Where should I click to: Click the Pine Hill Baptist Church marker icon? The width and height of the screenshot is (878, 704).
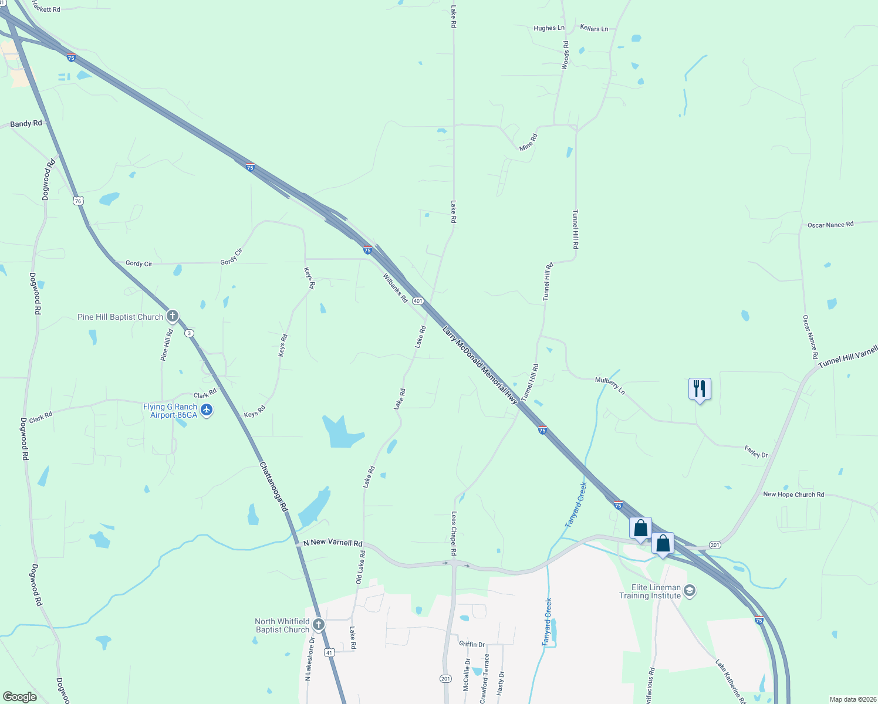pos(172,317)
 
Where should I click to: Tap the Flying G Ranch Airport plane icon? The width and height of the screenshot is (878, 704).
pos(206,410)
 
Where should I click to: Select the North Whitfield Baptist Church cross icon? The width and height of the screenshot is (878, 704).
pos(319,625)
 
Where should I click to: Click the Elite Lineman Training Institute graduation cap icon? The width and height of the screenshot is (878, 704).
pos(690,591)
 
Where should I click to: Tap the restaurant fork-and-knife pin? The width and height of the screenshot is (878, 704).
pos(700,389)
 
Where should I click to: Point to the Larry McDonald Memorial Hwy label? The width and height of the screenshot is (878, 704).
pos(480,365)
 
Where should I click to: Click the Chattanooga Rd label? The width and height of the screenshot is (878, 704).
pos(273,486)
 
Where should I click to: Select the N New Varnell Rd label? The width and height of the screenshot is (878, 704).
pos(333,543)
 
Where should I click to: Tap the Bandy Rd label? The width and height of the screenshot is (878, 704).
pos(26,124)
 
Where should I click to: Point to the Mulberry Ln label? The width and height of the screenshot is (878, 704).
pos(610,385)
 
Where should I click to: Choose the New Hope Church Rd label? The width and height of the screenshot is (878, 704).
pos(793,495)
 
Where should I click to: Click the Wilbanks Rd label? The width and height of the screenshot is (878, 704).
pos(395,287)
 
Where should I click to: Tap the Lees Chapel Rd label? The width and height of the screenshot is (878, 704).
pos(454,533)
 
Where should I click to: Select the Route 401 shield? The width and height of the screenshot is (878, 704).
pos(417,301)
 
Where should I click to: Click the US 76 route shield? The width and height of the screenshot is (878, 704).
pos(78,201)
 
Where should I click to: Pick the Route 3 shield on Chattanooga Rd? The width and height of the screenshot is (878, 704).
pos(189,333)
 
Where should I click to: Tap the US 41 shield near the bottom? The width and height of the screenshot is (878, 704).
pos(329,652)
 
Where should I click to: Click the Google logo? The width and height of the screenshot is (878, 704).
pos(20,697)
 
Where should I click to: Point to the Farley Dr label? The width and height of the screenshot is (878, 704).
pos(756,452)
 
